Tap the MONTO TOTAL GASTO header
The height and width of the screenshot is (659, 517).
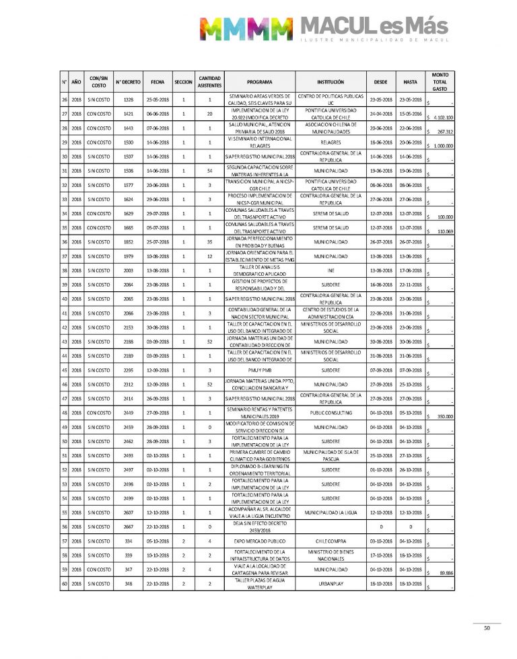440,81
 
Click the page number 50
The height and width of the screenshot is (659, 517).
487,629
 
